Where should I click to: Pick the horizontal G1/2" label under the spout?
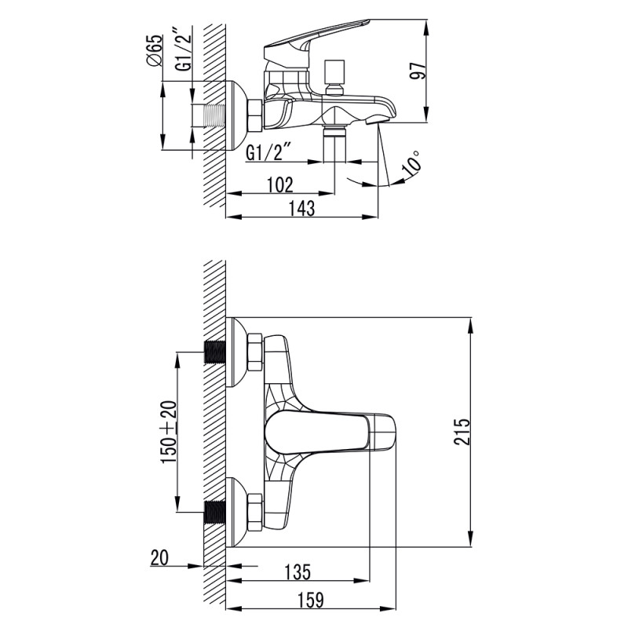[x=269, y=152]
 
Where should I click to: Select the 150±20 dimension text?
[x=168, y=432]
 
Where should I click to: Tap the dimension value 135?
[x=298, y=571]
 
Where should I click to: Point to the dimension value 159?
[x=310, y=601]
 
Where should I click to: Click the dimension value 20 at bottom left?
[x=159, y=559]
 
